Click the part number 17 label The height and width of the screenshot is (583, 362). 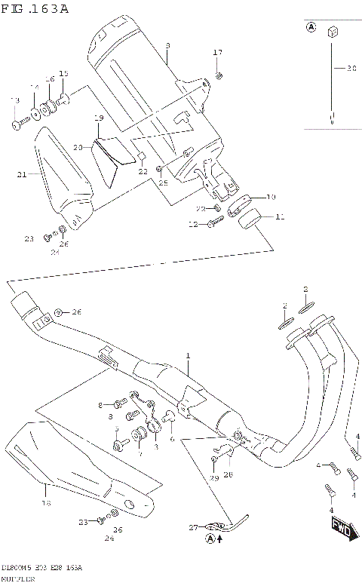[x=218, y=52]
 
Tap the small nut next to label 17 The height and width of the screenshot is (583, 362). [x=218, y=75]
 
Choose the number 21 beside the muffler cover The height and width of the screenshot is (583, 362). [x=23, y=174]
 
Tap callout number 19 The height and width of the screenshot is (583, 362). [x=98, y=118]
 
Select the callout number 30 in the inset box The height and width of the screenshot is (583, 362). [x=350, y=69]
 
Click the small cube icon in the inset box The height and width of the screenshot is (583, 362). [x=332, y=32]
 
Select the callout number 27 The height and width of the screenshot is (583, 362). [x=192, y=527]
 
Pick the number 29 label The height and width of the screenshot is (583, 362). [x=213, y=479]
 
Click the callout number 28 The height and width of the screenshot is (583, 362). [x=228, y=474]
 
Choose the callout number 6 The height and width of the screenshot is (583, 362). [x=172, y=439]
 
